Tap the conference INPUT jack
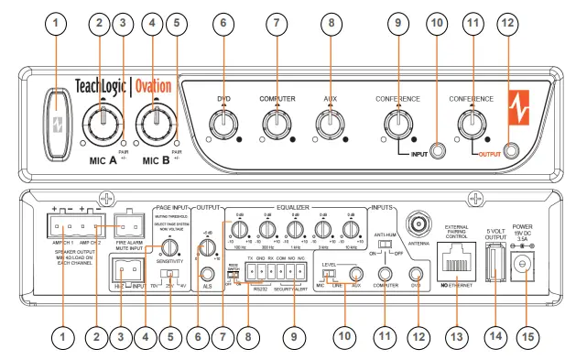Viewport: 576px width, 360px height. pos(438,148)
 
